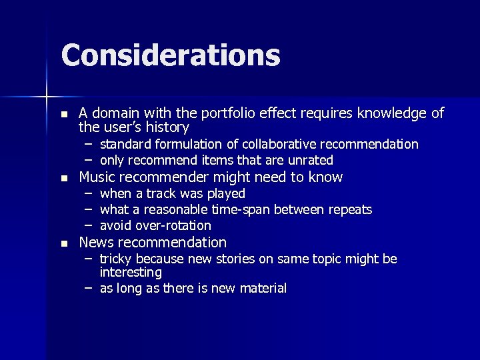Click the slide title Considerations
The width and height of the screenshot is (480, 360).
pos(170,55)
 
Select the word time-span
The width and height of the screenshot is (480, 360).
pos(237,209)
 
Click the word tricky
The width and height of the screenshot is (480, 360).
pos(114,259)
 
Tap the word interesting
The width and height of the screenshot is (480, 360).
pos(131,273)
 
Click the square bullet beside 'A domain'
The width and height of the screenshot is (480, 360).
pos(63,115)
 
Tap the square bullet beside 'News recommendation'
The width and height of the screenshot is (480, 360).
pos(63,244)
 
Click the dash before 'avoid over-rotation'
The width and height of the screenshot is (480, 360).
pos(88,225)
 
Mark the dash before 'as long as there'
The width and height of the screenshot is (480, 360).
pos(88,288)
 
